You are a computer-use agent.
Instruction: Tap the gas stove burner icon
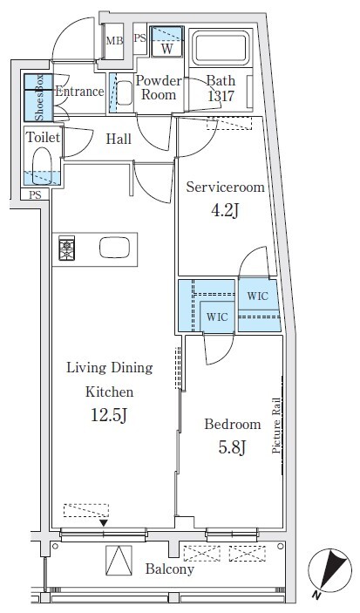[x=67, y=249]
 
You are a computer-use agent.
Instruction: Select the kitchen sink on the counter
[x=114, y=248]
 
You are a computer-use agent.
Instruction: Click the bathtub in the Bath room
[x=221, y=49]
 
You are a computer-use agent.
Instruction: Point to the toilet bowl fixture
[x=42, y=165]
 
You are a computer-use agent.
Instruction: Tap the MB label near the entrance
[x=114, y=41]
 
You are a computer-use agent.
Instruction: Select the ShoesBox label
[x=39, y=98]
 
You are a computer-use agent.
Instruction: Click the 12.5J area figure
[x=109, y=416]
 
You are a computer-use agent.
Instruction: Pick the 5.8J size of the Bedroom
[x=232, y=447]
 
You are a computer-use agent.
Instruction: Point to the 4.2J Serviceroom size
[x=225, y=211]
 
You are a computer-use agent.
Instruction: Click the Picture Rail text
[x=276, y=426]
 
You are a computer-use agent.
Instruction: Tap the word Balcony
[x=170, y=569]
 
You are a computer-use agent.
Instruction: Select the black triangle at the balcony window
[x=103, y=522]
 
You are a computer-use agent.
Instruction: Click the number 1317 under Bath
[x=221, y=95]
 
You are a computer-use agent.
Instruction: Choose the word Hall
[x=119, y=139]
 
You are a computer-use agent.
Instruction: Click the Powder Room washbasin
[x=125, y=92]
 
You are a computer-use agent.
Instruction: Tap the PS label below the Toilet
[x=35, y=194]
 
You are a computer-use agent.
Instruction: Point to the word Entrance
[x=79, y=92]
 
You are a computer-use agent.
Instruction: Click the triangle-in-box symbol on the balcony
[x=119, y=561]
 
